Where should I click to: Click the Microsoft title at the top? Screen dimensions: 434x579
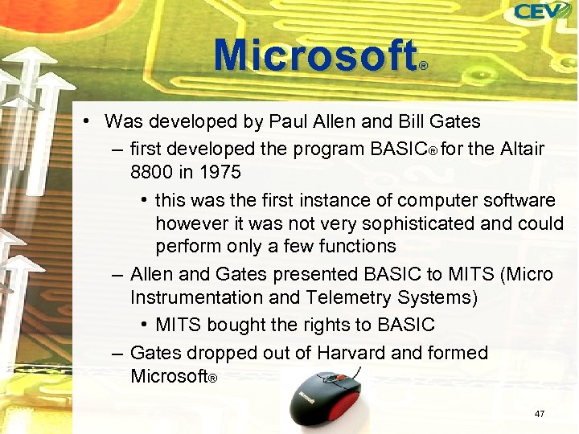click(x=316, y=56)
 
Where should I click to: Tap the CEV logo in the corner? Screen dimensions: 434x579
click(x=543, y=12)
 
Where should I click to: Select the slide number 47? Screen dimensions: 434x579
click(x=540, y=414)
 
